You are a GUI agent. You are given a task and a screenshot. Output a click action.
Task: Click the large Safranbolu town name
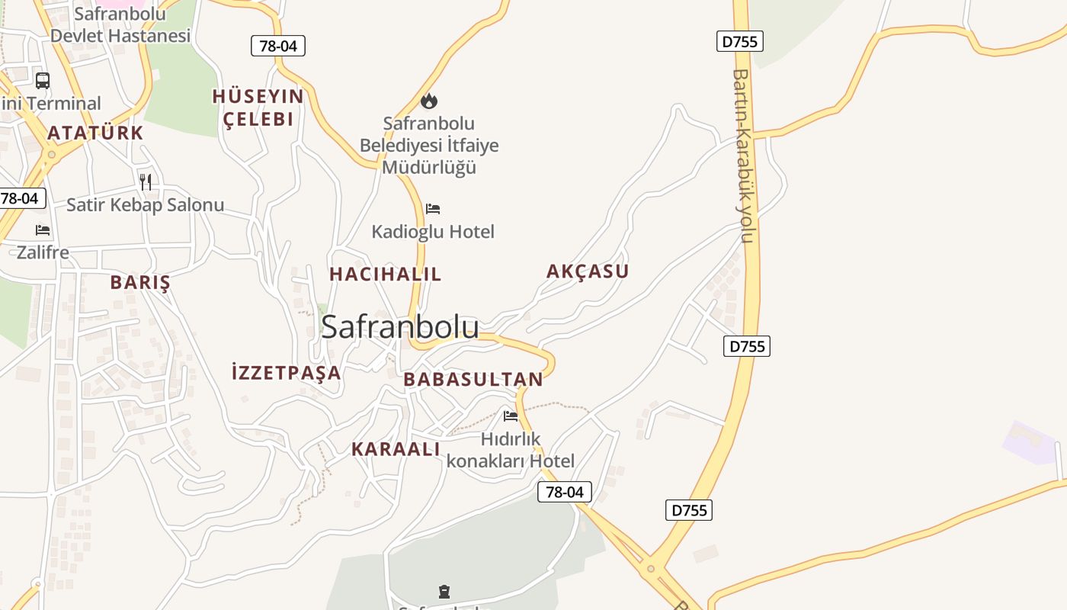tap(400, 327)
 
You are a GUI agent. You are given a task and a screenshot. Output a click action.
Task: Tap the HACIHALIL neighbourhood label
tap(385, 274)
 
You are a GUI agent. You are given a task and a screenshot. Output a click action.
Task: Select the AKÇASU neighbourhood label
tap(588, 271)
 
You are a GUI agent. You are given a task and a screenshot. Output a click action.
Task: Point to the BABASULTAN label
tap(473, 380)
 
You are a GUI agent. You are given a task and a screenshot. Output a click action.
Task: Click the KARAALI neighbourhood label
tap(396, 450)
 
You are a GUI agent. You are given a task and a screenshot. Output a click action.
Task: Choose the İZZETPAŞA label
tap(286, 373)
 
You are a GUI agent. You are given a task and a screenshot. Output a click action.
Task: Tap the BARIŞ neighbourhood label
tap(140, 282)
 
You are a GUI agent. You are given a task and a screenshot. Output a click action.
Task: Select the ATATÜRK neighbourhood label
tap(95, 133)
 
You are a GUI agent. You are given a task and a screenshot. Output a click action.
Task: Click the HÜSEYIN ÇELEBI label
tap(258, 108)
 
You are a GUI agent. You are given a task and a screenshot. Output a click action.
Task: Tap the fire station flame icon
tap(429, 101)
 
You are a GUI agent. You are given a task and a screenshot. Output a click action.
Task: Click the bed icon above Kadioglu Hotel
tap(433, 209)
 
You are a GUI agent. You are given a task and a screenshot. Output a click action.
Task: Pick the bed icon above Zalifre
tap(43, 230)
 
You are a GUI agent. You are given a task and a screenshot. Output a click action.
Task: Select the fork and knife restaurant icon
tap(146, 181)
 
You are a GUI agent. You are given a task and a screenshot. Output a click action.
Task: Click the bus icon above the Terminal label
tap(43, 81)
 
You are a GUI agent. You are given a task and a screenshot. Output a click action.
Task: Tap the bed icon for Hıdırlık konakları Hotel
tap(511, 416)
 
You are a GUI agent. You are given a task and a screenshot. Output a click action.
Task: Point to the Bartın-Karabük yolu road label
tap(742, 156)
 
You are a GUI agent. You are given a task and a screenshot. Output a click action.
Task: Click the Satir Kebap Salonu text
tap(145, 205)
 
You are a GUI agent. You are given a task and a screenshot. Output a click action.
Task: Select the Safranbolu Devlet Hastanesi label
tap(120, 24)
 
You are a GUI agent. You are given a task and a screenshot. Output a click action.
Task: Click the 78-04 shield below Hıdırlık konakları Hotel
tap(565, 493)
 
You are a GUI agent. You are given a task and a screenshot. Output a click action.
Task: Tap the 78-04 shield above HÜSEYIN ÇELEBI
tap(278, 46)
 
